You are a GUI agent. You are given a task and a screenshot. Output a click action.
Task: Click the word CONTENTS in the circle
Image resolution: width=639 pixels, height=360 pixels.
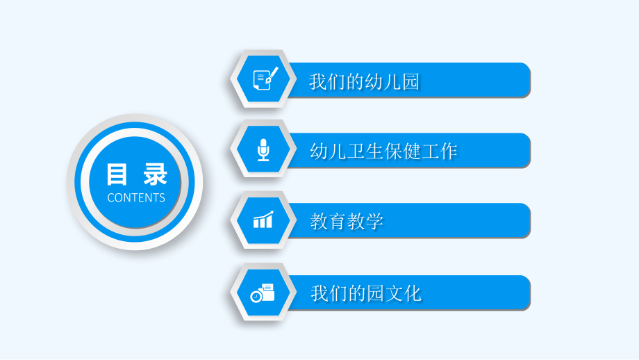pyautogui.click(x=136, y=197)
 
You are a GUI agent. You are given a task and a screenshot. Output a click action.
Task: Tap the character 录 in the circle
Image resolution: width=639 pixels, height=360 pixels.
pyautogui.click(x=156, y=174)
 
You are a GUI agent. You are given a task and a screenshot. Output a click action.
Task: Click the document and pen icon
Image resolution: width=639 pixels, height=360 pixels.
pyautogui.click(x=265, y=79)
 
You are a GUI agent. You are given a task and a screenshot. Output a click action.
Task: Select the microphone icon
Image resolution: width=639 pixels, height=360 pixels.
pyautogui.click(x=263, y=149)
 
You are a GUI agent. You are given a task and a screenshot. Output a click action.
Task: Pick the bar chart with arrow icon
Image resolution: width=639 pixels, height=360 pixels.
pyautogui.click(x=263, y=220)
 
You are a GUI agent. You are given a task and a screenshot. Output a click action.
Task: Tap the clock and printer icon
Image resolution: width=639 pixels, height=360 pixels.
pyautogui.click(x=263, y=293)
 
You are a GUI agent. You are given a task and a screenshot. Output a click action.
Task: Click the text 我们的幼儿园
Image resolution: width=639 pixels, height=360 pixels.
pyautogui.click(x=365, y=82)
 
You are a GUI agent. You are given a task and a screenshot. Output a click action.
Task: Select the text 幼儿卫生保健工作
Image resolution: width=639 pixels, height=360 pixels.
pyautogui.click(x=383, y=151)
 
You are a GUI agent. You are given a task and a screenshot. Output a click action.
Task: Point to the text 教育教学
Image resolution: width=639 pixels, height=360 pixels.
pyautogui.click(x=347, y=222)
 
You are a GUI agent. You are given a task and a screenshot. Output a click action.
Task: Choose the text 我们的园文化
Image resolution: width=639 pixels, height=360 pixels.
pyautogui.click(x=366, y=293)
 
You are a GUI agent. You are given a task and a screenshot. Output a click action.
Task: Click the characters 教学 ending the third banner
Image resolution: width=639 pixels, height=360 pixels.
pyautogui.click(x=365, y=222)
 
